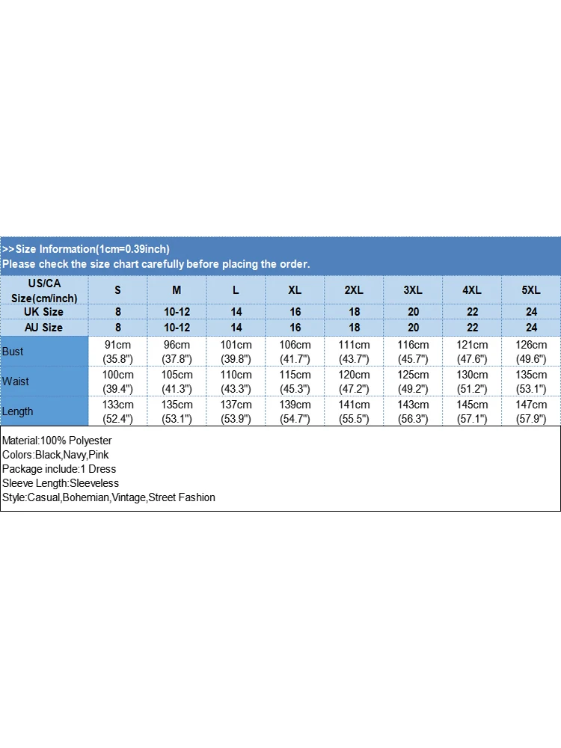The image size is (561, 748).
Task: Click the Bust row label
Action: click(13, 352)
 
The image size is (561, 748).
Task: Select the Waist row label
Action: click(16, 381)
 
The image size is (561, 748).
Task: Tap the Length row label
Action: click(18, 411)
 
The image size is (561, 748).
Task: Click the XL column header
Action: click(295, 290)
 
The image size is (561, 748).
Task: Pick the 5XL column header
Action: click(531, 290)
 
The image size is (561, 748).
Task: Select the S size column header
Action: click(117, 290)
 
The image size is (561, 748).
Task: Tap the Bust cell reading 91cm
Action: click(117, 352)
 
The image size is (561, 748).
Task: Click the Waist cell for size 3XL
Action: click(413, 381)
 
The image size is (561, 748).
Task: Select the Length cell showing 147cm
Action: click(531, 411)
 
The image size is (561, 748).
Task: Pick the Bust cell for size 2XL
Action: click(354, 352)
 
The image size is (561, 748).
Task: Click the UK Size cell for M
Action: click(177, 312)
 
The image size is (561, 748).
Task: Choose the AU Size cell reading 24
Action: click(531, 328)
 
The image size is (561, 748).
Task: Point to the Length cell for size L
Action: click(236, 411)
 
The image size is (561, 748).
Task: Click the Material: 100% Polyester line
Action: click(57, 441)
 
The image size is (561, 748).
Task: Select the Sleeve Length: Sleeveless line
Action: click(61, 483)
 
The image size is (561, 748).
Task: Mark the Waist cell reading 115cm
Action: click(295, 381)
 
